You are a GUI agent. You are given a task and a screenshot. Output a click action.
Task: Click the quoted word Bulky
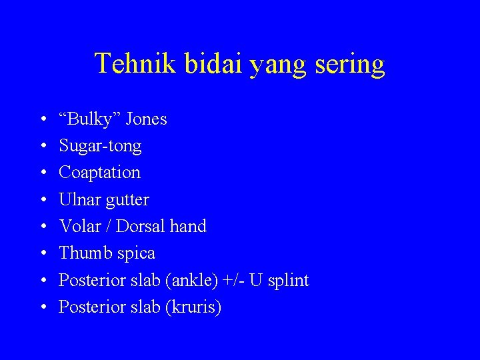85,119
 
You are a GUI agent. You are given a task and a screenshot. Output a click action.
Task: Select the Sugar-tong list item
100,146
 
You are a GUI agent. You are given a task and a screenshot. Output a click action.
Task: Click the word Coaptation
99,173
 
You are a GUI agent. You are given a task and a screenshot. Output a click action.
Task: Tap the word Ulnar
77,199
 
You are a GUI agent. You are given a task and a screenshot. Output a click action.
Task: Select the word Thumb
81,253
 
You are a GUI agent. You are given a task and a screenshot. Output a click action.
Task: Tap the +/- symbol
234,280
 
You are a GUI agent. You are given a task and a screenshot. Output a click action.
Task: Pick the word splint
287,281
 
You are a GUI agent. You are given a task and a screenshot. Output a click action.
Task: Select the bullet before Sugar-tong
42,146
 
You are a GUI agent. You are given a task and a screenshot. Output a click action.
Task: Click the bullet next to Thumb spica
42,253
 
